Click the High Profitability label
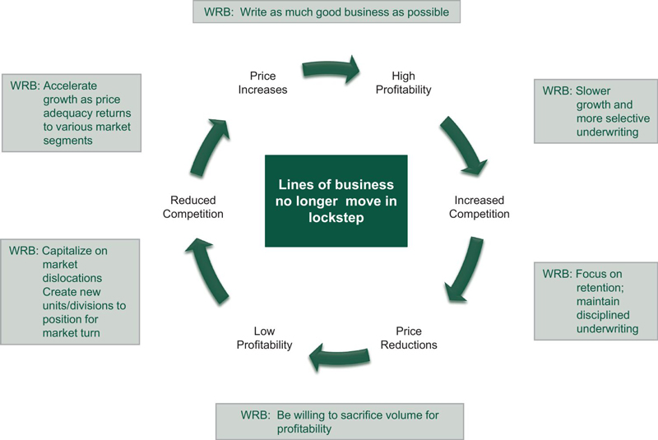pos(403,82)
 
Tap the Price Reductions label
pos(409,338)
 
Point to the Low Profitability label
pos(264,338)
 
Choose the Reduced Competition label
pos(197,207)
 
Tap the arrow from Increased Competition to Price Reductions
pos(462,271)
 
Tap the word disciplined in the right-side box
pos(604,314)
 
